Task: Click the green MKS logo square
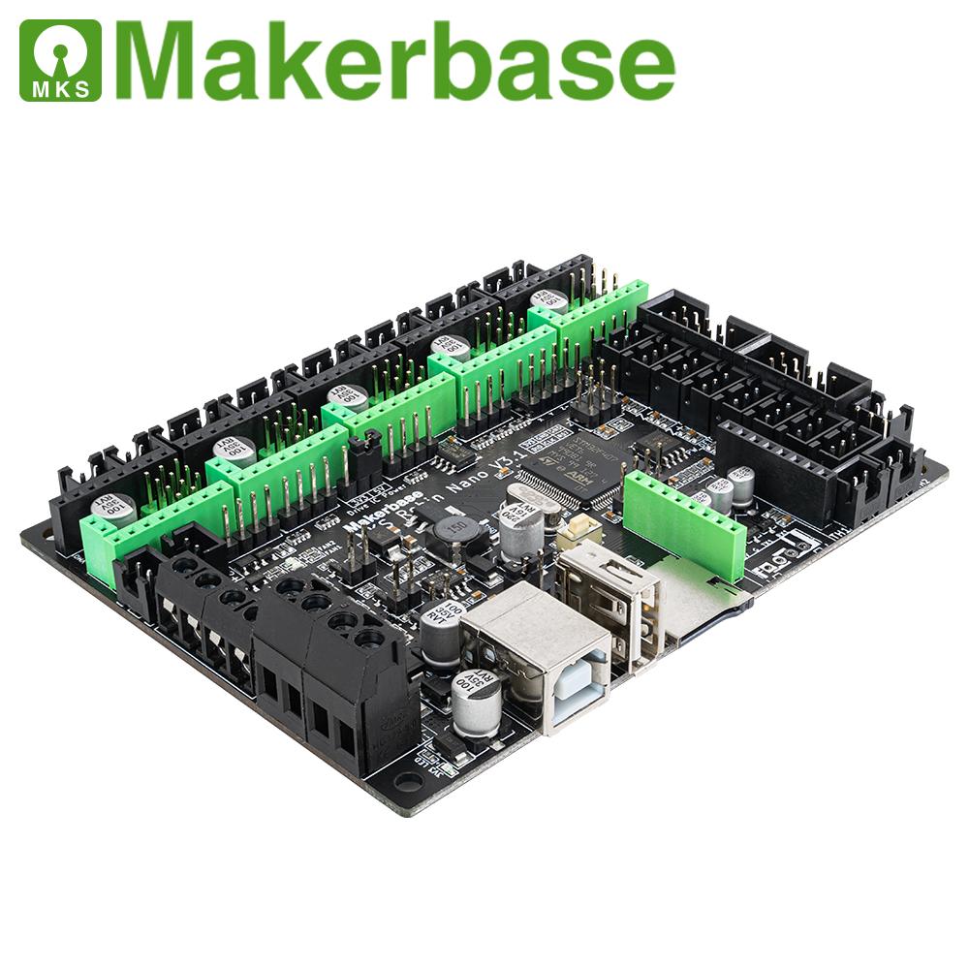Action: point(60,60)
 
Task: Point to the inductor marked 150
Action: point(452,530)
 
